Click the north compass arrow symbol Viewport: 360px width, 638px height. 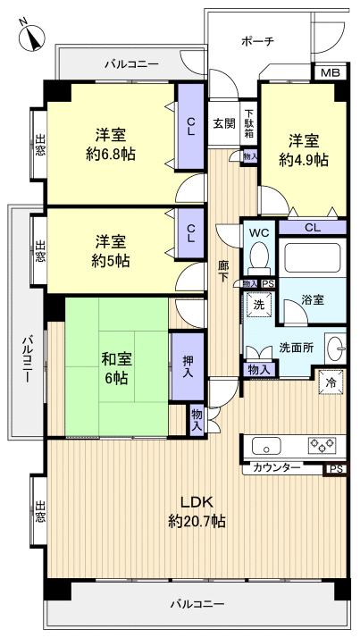33,37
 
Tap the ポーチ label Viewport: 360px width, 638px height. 258,41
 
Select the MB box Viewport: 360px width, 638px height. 330,72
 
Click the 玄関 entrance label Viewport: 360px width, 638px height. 223,123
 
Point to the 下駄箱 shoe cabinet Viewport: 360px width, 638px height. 249,123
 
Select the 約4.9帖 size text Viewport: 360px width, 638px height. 303,160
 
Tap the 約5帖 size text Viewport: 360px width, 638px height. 112,261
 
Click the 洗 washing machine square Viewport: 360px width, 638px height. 259,305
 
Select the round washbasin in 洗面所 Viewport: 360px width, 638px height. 336,348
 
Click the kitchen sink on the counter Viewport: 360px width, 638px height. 266,446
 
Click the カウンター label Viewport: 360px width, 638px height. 276,467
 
